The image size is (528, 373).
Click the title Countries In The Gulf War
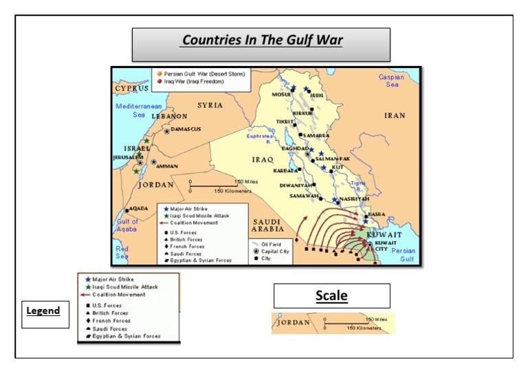[x=261, y=41]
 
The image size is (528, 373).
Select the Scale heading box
[x=331, y=296]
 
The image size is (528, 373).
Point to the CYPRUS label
[x=132, y=89]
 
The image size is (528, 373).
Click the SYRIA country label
[x=210, y=105]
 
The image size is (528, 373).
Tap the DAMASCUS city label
[x=185, y=128]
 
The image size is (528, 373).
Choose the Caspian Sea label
[x=391, y=81]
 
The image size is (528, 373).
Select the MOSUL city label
[x=281, y=95]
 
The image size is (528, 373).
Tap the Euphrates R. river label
[x=262, y=139]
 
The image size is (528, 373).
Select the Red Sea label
[x=122, y=252]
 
